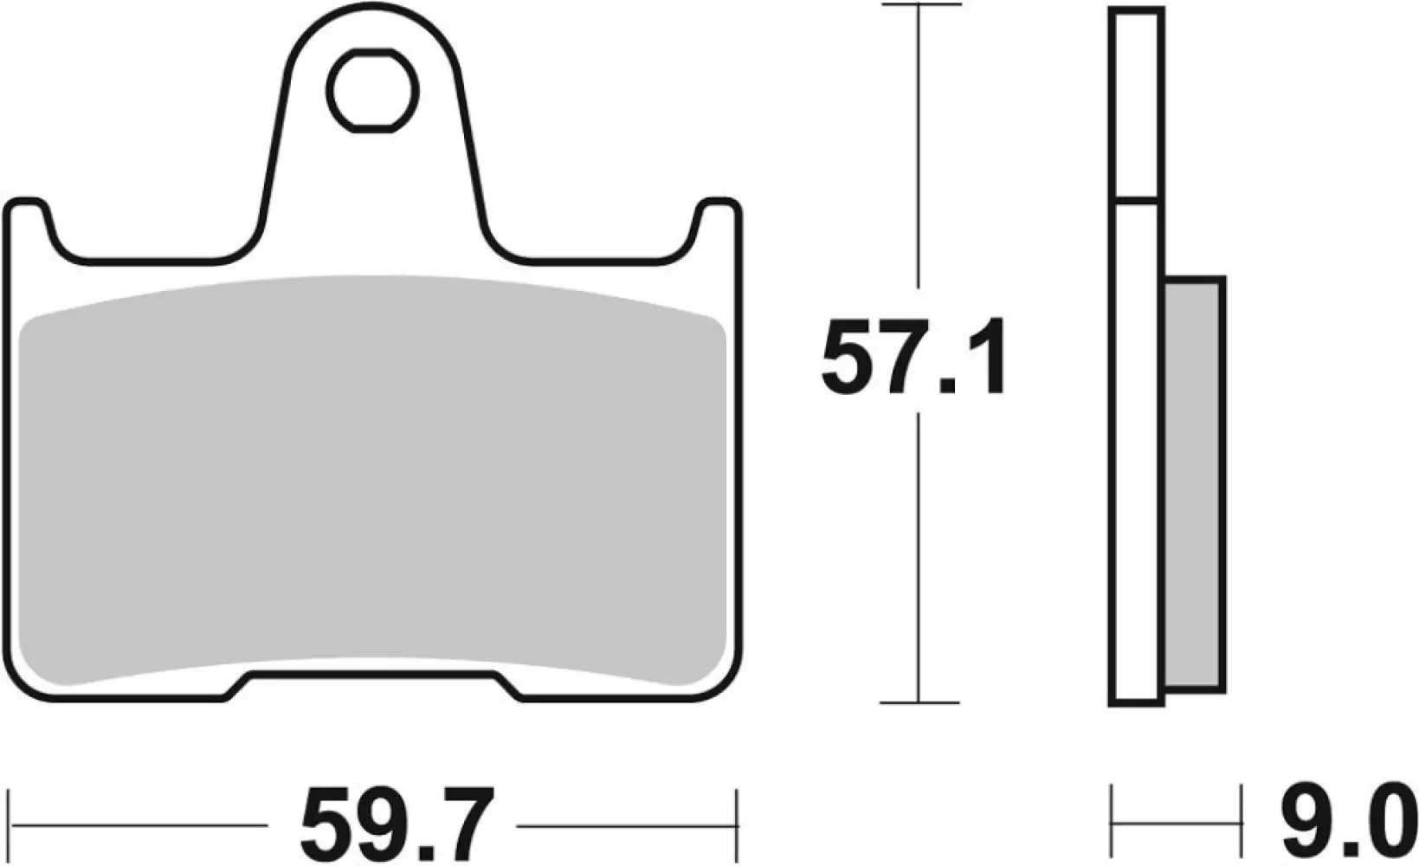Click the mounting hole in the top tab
click(x=373, y=91)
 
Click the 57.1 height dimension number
click(x=914, y=356)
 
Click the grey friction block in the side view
click(x=1195, y=485)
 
